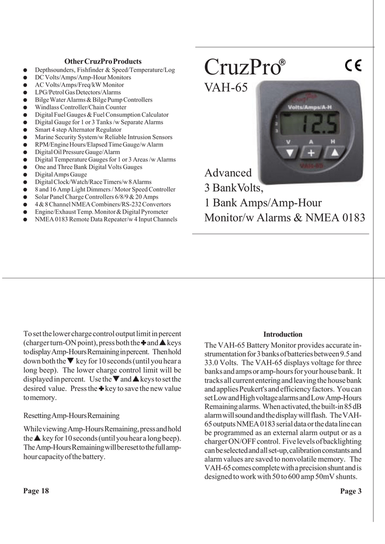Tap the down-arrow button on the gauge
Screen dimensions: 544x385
tap(288, 152)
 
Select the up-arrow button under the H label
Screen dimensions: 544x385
tap(333, 152)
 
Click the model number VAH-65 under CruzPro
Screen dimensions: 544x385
tap(226, 88)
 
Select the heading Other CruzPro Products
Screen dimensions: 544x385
tap(103, 62)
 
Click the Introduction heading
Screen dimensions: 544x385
tap(283, 335)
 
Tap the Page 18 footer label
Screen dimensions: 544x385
tap(36, 491)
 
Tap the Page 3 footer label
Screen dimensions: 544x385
tap(351, 491)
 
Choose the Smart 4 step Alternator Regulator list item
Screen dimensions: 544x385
tap(78, 130)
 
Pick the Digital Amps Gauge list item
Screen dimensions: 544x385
tap(61, 174)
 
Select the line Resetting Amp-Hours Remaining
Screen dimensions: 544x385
tap(71, 415)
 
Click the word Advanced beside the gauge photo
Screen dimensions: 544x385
tap(228, 173)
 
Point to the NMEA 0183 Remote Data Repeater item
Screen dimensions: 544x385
tap(106, 219)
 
